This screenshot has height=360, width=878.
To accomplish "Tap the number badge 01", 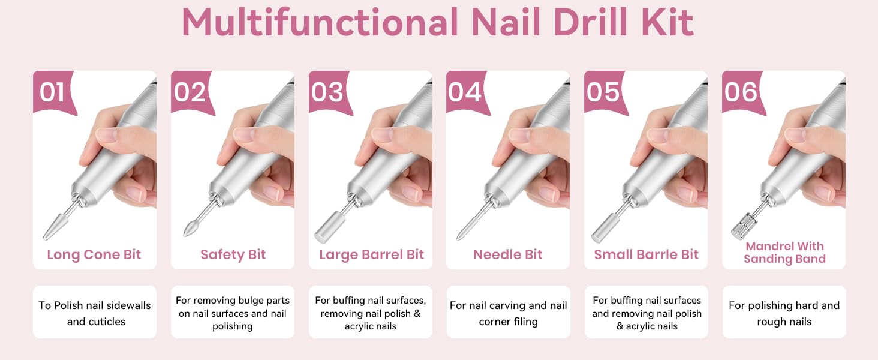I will click(52, 92).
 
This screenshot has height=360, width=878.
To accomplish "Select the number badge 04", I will click(465, 92).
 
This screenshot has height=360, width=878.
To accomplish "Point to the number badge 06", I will click(741, 92).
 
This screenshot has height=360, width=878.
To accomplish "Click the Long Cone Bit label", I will click(94, 254).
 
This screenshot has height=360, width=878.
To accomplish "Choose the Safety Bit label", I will click(233, 254).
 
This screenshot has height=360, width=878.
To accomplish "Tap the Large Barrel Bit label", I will click(371, 254).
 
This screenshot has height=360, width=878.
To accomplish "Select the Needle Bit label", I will click(508, 254).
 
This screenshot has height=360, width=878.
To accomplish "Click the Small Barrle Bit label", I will click(646, 254).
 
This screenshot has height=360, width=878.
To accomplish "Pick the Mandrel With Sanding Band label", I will click(784, 253).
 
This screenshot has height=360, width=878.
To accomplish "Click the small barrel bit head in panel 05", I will click(602, 231).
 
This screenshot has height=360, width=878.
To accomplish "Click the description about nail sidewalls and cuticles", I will click(95, 313).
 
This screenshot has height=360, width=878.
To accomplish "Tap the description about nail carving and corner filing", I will click(508, 313).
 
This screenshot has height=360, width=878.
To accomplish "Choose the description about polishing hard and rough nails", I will click(784, 313).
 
